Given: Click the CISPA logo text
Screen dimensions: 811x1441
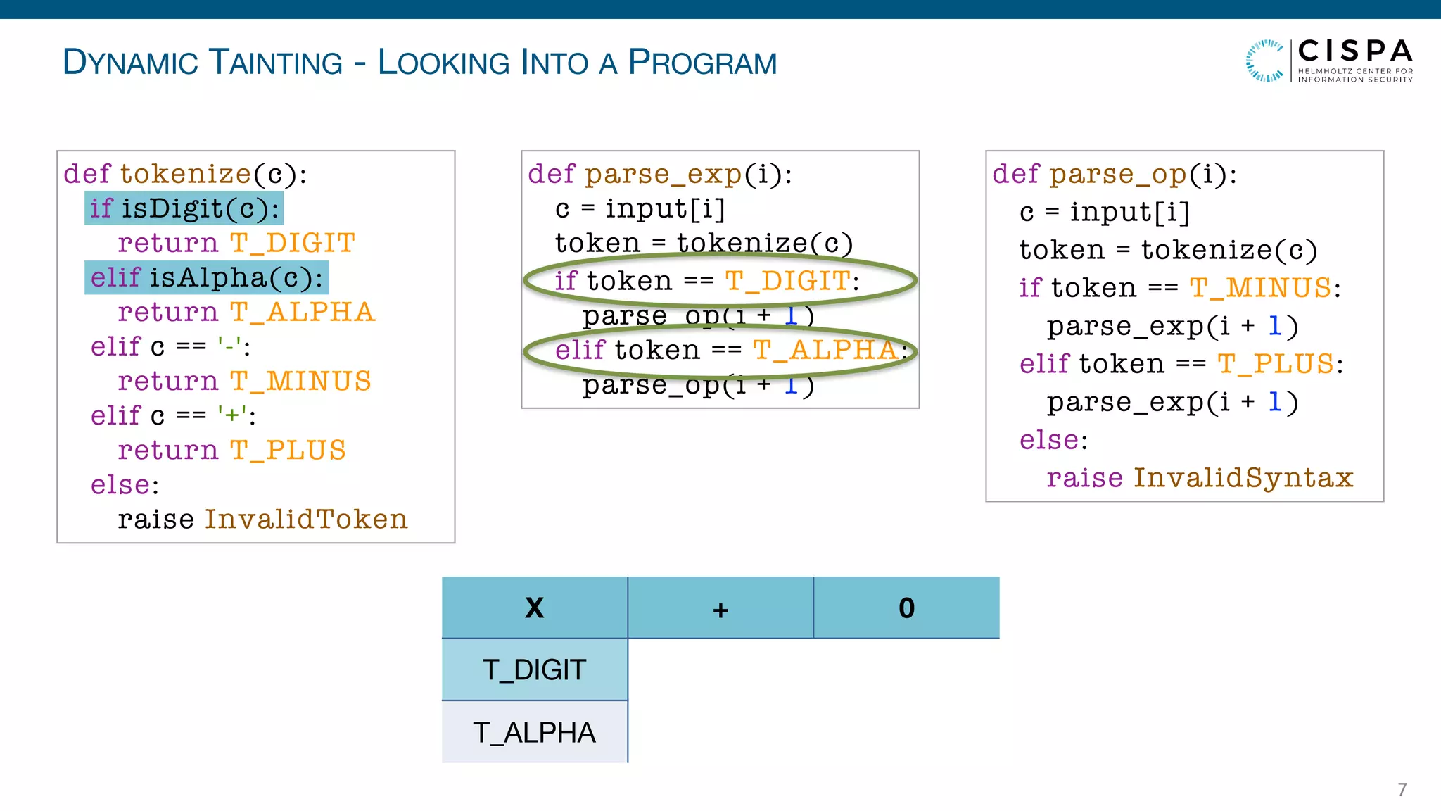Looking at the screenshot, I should click(1354, 52).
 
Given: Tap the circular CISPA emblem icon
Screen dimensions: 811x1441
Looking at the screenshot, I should click(1265, 61).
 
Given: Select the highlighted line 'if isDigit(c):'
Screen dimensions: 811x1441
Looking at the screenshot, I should click(184, 208).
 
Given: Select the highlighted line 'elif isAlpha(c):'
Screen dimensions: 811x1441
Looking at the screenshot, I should click(206, 277).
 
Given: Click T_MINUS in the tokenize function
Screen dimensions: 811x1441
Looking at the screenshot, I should click(300, 381).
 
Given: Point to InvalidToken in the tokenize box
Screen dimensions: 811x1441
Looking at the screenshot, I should click(306, 520).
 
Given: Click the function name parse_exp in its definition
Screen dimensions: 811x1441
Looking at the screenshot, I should click(664, 174).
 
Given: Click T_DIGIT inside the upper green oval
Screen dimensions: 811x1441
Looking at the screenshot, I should click(787, 281).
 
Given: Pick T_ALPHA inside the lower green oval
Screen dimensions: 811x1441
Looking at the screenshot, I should click(825, 350).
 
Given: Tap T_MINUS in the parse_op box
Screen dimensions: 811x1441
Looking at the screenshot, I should click(1260, 288).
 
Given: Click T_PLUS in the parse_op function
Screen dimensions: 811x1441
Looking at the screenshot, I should click(1275, 364).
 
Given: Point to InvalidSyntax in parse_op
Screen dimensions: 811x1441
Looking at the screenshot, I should click(1243, 478).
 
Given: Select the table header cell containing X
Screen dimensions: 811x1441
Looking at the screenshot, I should click(535, 608).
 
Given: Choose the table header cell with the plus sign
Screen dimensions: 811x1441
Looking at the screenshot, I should click(720, 608).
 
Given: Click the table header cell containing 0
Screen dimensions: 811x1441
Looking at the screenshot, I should click(906, 608).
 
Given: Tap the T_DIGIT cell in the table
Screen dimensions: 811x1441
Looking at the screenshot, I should click(535, 669).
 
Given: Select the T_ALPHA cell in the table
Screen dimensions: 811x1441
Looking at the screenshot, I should click(535, 733).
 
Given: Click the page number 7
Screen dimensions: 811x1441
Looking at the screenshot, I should click(1402, 789).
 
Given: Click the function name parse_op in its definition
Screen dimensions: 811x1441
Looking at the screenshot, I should click(1118, 174).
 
